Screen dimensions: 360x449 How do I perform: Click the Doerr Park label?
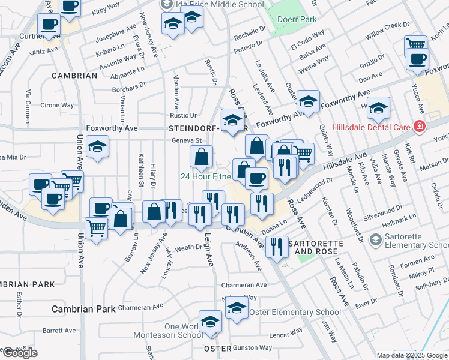tap(297, 19)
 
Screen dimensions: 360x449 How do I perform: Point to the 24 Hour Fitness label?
tap(206, 177)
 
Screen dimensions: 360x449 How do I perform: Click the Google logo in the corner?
tap(20, 353)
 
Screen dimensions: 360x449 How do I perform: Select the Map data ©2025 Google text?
tap(411, 355)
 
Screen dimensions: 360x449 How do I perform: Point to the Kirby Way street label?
tap(106, 11)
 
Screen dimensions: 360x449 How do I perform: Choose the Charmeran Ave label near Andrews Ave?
tap(244, 285)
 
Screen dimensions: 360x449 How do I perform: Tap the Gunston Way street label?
tap(252, 348)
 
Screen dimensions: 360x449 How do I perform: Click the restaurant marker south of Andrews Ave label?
tap(277, 246)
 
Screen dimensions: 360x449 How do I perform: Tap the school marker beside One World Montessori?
tap(209, 322)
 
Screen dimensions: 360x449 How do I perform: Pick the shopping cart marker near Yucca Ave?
tap(415, 44)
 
